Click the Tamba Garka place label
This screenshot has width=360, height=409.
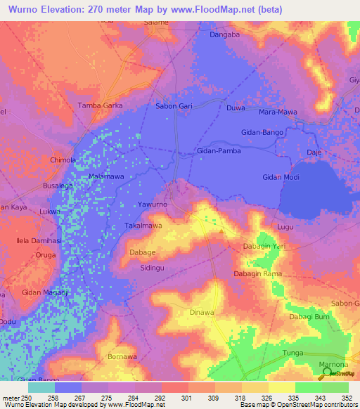tap(98, 105)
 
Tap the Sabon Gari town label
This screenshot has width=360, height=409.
tap(174, 105)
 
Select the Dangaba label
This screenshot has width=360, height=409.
tap(225, 34)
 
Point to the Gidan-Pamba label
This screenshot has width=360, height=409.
tap(219, 151)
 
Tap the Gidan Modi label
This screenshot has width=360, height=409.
tap(281, 177)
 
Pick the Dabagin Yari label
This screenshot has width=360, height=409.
tap(264, 247)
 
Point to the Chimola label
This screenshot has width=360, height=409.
tap(63, 160)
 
